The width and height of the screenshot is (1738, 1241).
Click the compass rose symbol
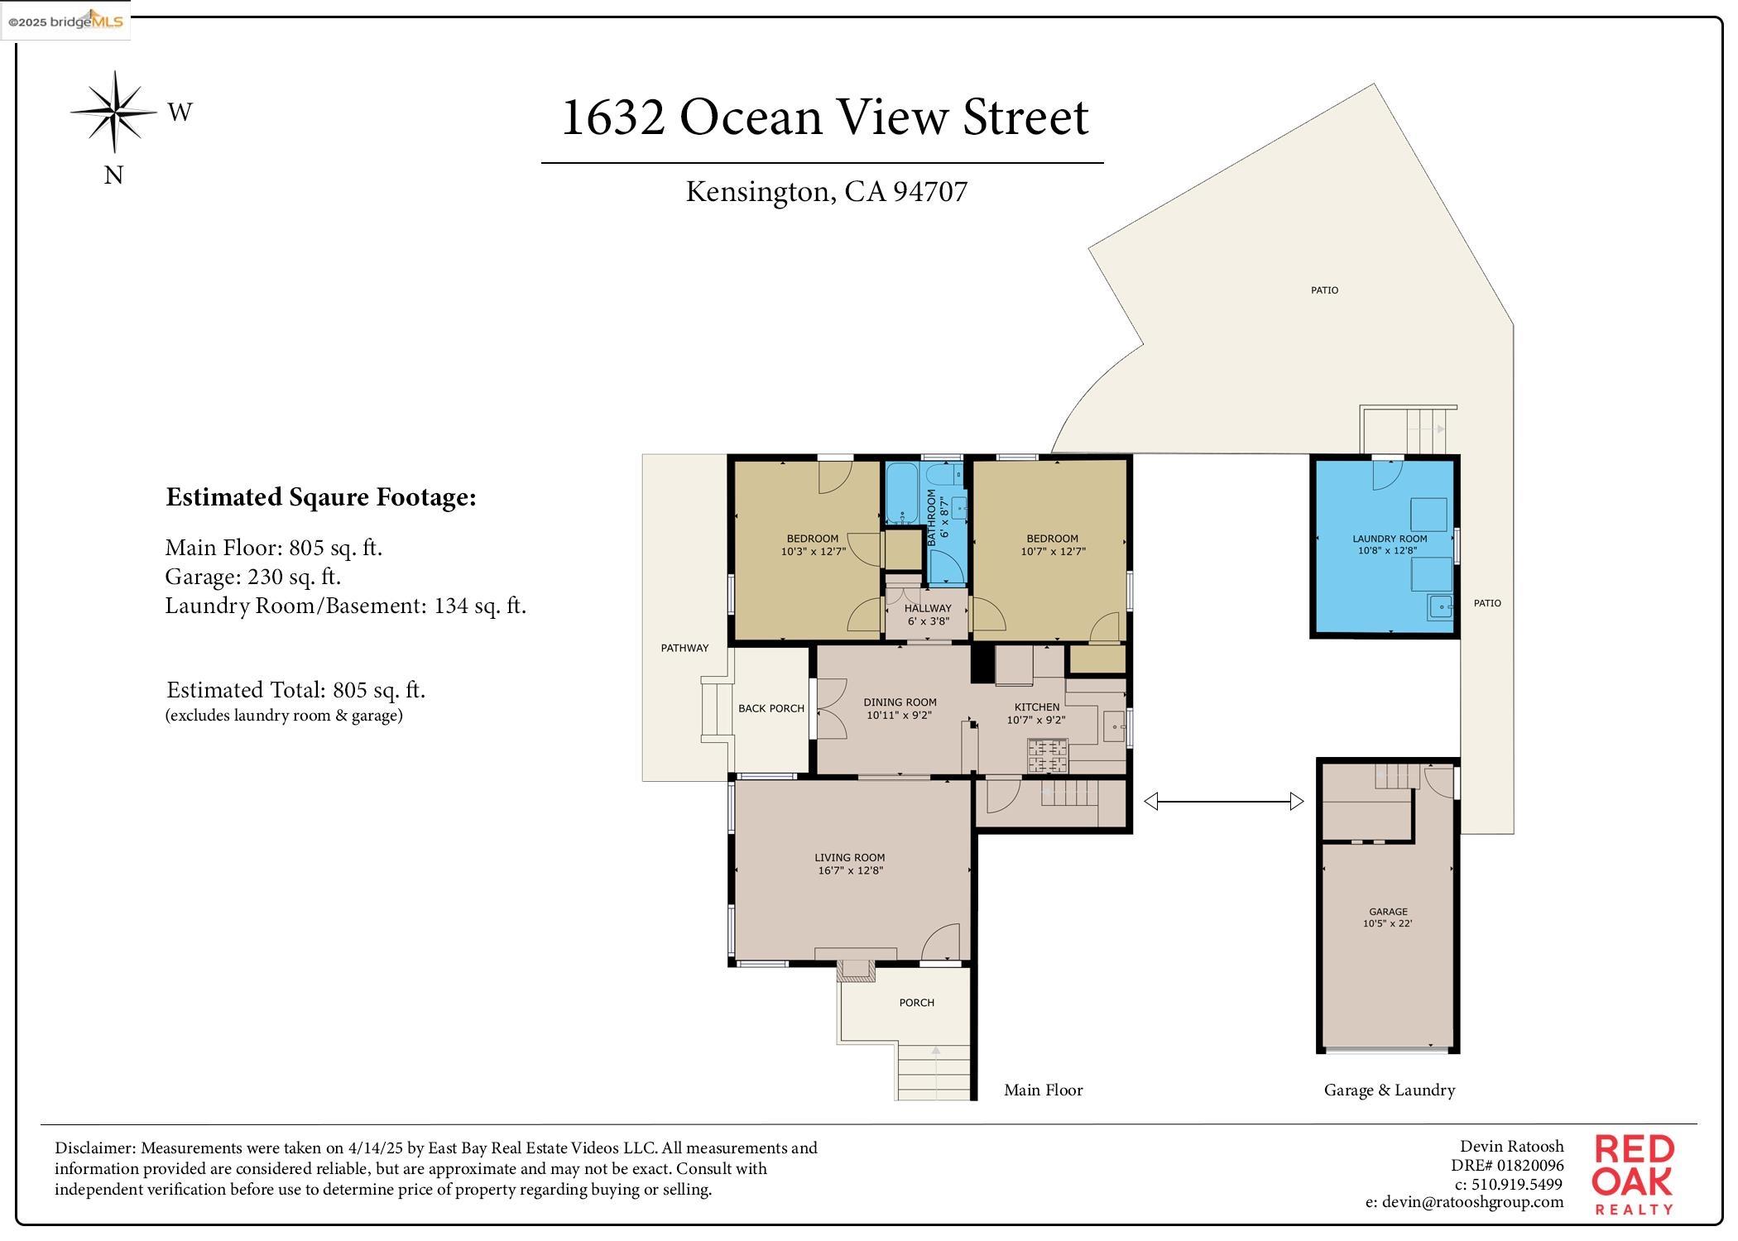point(114,112)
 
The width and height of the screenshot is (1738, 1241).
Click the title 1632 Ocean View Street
point(824,117)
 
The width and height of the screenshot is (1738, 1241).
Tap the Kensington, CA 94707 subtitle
point(826,192)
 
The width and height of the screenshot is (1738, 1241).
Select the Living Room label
point(849,858)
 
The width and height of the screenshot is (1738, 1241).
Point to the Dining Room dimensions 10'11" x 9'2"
point(899,715)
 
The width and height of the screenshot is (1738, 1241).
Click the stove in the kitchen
point(1049,755)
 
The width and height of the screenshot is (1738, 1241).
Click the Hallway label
point(928,608)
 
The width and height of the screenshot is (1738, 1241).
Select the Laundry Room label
point(1389,539)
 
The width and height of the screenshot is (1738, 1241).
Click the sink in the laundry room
point(1441,608)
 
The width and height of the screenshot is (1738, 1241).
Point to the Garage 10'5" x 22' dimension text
point(1387,923)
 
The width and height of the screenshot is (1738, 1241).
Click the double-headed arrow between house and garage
point(1223,801)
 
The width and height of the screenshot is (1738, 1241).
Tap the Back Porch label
point(771,708)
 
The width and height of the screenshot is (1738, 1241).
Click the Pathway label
point(684,648)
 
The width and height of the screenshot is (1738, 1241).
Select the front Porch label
point(916,1003)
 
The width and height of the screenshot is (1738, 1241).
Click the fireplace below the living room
point(856,970)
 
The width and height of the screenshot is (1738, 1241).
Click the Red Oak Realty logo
point(1633,1173)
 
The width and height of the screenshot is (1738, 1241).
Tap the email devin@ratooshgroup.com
point(1464,1202)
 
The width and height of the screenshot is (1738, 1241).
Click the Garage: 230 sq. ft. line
point(253,577)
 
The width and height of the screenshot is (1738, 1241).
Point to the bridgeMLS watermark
point(65,22)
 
